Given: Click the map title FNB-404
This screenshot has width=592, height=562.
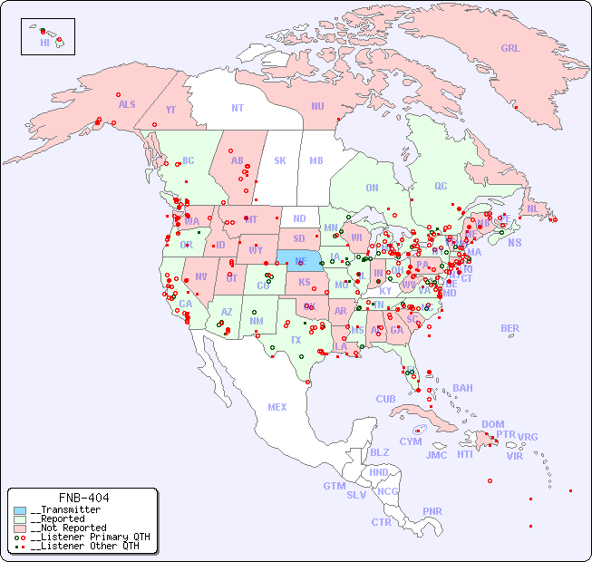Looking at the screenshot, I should coord(83,498).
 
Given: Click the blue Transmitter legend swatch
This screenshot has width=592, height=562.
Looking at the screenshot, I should coord(20,510).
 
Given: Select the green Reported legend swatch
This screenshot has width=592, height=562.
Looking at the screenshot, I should coord(20,519).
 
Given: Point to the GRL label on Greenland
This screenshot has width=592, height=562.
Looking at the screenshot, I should coord(510,49).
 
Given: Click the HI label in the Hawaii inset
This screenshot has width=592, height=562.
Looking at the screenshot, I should coord(44,43).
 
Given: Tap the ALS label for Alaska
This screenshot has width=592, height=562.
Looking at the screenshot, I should coord(127,105).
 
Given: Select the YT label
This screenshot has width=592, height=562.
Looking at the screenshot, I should coord(170,110).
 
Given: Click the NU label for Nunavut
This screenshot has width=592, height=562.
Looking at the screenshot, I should coord(317,107).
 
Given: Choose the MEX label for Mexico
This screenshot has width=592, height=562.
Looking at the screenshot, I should coord(277,408).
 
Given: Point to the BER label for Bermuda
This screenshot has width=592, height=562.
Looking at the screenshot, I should coord(510,328).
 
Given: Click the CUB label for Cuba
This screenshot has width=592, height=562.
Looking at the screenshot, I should coord(385,399).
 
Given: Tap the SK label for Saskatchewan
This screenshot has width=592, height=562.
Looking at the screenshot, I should coord(280,161).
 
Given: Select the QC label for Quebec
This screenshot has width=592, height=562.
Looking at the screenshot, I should coord(441,187).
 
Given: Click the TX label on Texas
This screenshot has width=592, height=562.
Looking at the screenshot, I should coord(296,340).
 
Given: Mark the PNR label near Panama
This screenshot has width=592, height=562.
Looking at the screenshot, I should coord(432,511).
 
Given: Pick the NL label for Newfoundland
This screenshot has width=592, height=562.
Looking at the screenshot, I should coord(533,208).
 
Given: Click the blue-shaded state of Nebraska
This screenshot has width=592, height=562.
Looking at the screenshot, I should coord(301,260).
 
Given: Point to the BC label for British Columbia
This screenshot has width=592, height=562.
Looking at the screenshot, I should coord(189,161).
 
